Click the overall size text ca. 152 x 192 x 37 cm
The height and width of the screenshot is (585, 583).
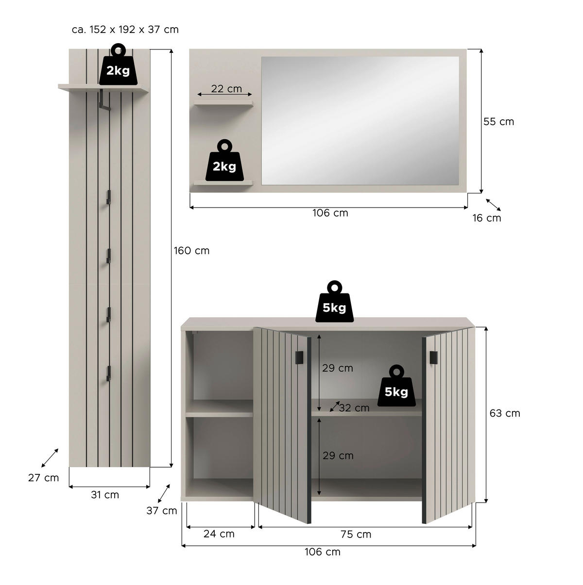[x=125, y=30]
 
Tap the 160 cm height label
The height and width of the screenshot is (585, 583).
[x=192, y=251]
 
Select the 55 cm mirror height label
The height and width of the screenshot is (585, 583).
[x=498, y=122]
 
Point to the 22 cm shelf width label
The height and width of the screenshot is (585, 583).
[x=226, y=89]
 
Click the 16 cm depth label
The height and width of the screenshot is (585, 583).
[x=487, y=218]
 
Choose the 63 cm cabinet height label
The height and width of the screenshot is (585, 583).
[x=505, y=413]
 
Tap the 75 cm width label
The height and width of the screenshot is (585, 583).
[x=356, y=535]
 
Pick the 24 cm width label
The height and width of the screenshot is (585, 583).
[x=219, y=534]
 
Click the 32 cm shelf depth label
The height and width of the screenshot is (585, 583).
[x=354, y=408]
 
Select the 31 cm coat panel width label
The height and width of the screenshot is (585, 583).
[x=105, y=495]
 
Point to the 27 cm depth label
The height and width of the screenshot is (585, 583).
[x=43, y=478]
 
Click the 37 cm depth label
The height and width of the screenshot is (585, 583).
[x=162, y=511]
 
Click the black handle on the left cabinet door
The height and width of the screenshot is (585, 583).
[x=299, y=357]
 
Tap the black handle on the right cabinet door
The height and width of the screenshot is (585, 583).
[x=433, y=357]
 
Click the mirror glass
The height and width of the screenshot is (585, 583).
[x=360, y=121]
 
